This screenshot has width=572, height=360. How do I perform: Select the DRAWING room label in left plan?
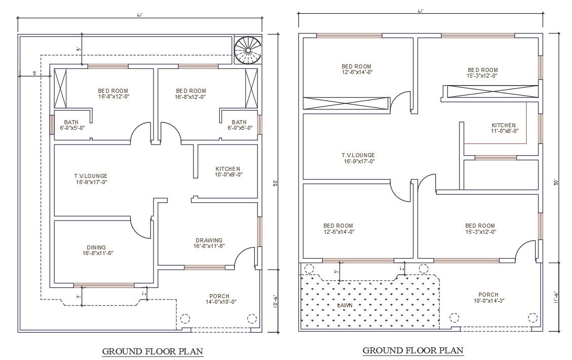pos(209,243)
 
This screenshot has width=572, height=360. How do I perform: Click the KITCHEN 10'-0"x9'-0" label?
pos(228,171)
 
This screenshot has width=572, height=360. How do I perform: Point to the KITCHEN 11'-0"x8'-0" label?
pos(504,128)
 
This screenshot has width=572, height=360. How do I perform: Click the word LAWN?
pos(345,305)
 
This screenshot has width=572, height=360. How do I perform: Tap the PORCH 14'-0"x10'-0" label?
pos(219,299)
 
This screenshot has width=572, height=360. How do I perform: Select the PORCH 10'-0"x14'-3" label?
pos(488,298)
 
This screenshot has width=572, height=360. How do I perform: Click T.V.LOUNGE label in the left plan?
pos(91,178)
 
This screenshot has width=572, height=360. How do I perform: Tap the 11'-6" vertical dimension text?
pos(556,297)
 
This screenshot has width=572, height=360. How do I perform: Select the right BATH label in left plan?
pos(239,125)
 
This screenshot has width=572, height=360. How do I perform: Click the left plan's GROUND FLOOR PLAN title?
pos(152,351)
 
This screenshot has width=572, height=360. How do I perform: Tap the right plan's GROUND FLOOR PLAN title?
pos(413,350)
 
